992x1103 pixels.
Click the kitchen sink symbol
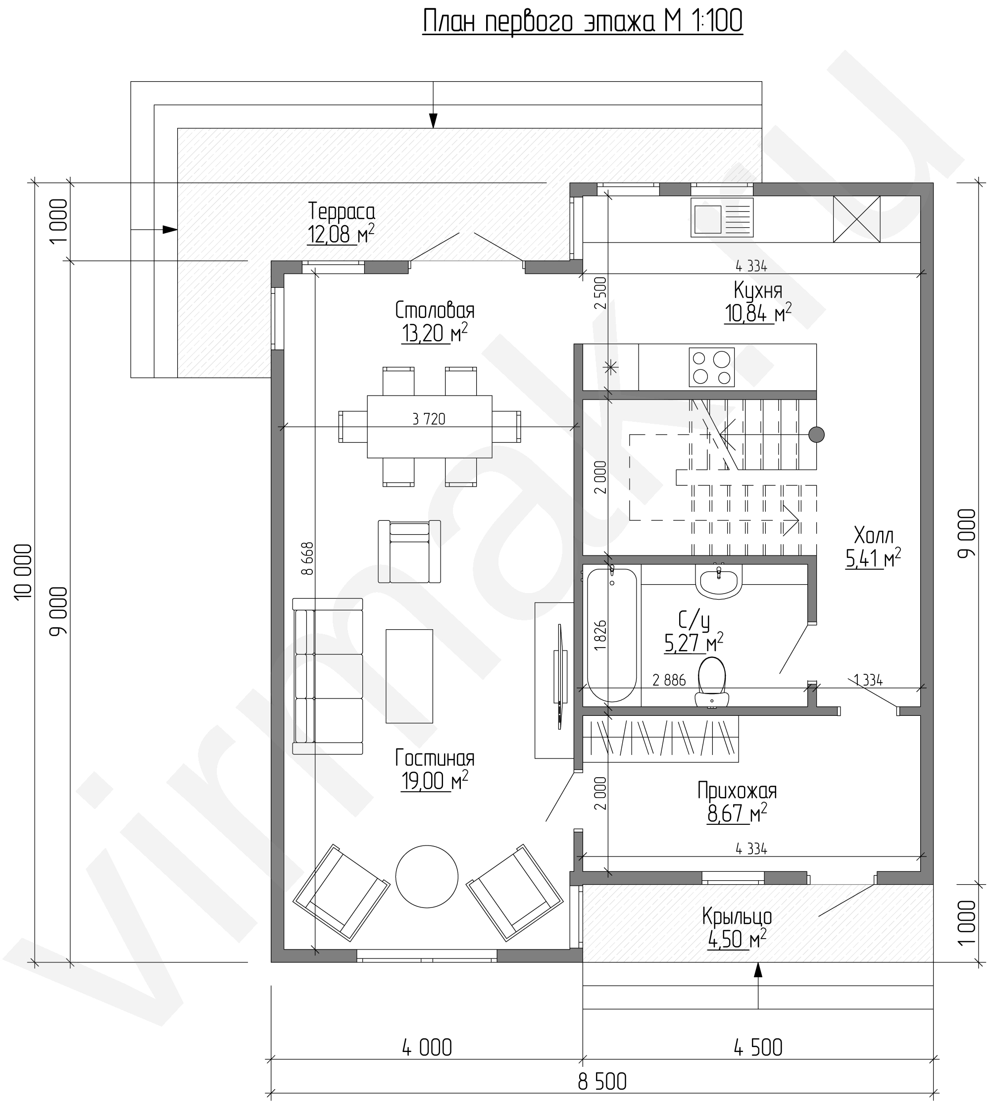tap(722, 217)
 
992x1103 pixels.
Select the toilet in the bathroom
tap(712, 682)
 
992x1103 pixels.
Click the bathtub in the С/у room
tap(611, 635)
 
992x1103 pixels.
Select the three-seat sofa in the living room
tap(328, 676)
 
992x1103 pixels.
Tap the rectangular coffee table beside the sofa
tap(409, 676)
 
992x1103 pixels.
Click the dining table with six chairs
tap(430, 426)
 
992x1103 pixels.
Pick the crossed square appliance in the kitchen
tap(856, 219)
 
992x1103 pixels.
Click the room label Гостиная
tap(435, 758)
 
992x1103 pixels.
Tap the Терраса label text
tap(341, 211)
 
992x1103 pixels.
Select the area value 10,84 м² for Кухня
tap(758, 314)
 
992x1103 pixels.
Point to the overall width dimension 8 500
tap(602, 1081)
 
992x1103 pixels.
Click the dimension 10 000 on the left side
tap(24, 572)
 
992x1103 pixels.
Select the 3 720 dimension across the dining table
tap(429, 419)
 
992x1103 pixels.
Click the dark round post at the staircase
tap(816, 435)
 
